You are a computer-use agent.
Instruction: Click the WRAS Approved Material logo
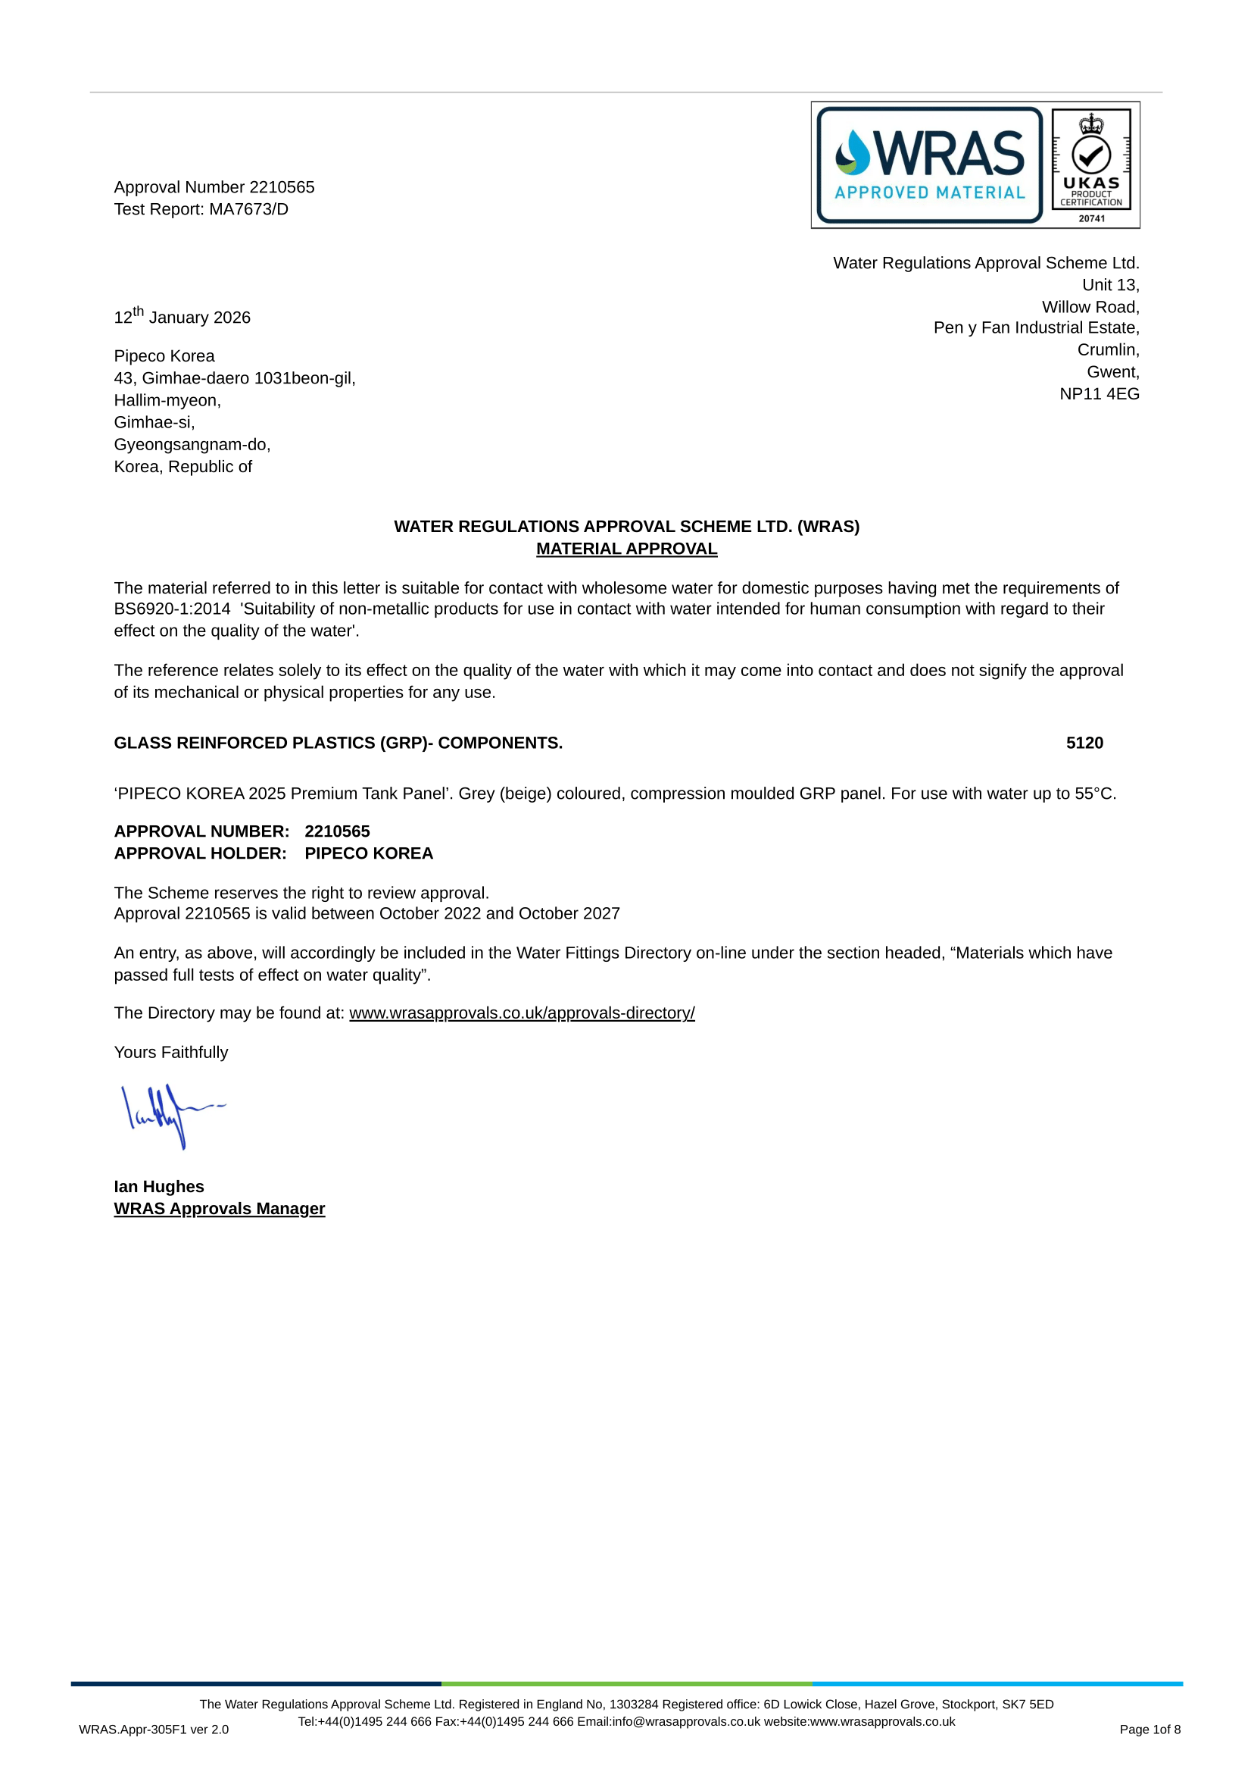pos(928,164)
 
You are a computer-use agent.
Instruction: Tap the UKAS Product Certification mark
pos(1091,164)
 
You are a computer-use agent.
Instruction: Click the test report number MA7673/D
pos(248,209)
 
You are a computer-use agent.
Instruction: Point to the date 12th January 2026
pos(182,317)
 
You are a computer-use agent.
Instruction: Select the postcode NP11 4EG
pos(1099,394)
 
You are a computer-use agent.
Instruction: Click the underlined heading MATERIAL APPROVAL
pos(626,549)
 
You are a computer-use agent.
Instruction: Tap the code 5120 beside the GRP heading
pos(1084,743)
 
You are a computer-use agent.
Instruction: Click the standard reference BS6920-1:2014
pos(173,609)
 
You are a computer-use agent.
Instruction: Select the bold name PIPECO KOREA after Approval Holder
pos(369,853)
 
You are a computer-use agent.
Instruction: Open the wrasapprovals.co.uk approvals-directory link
pos(522,1013)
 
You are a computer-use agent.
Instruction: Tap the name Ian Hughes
pos(159,1187)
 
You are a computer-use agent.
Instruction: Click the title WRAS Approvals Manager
pos(220,1209)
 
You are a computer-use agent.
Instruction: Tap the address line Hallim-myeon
pos(167,400)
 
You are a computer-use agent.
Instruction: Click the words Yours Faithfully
pos(170,1052)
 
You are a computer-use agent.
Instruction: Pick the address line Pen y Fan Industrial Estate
pos(1036,327)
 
